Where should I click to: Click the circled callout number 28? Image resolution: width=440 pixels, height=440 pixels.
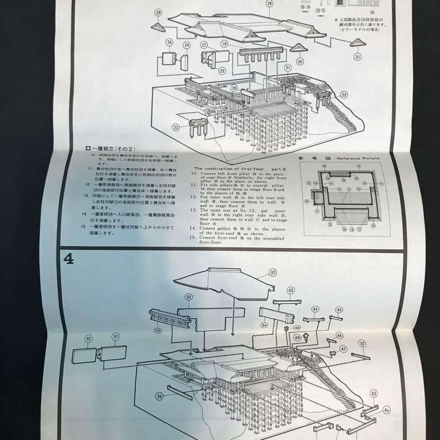tap(269, 4)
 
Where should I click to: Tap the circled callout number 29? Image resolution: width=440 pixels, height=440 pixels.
tap(158, 13)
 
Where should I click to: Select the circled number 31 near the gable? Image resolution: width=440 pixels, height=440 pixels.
tap(357, 57)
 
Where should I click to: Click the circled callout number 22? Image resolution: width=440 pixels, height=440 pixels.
tap(176, 128)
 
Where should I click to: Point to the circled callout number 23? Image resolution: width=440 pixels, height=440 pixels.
tap(344, 95)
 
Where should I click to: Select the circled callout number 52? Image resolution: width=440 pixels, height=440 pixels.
tap(88, 338)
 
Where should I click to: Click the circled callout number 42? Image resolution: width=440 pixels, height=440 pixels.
tap(374, 394)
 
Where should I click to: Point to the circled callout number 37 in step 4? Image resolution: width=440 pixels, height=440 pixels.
tap(362, 343)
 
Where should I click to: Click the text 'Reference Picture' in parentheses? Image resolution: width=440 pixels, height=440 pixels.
tap(358, 158)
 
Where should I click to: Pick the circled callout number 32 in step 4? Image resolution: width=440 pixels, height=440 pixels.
tap(189, 297)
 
